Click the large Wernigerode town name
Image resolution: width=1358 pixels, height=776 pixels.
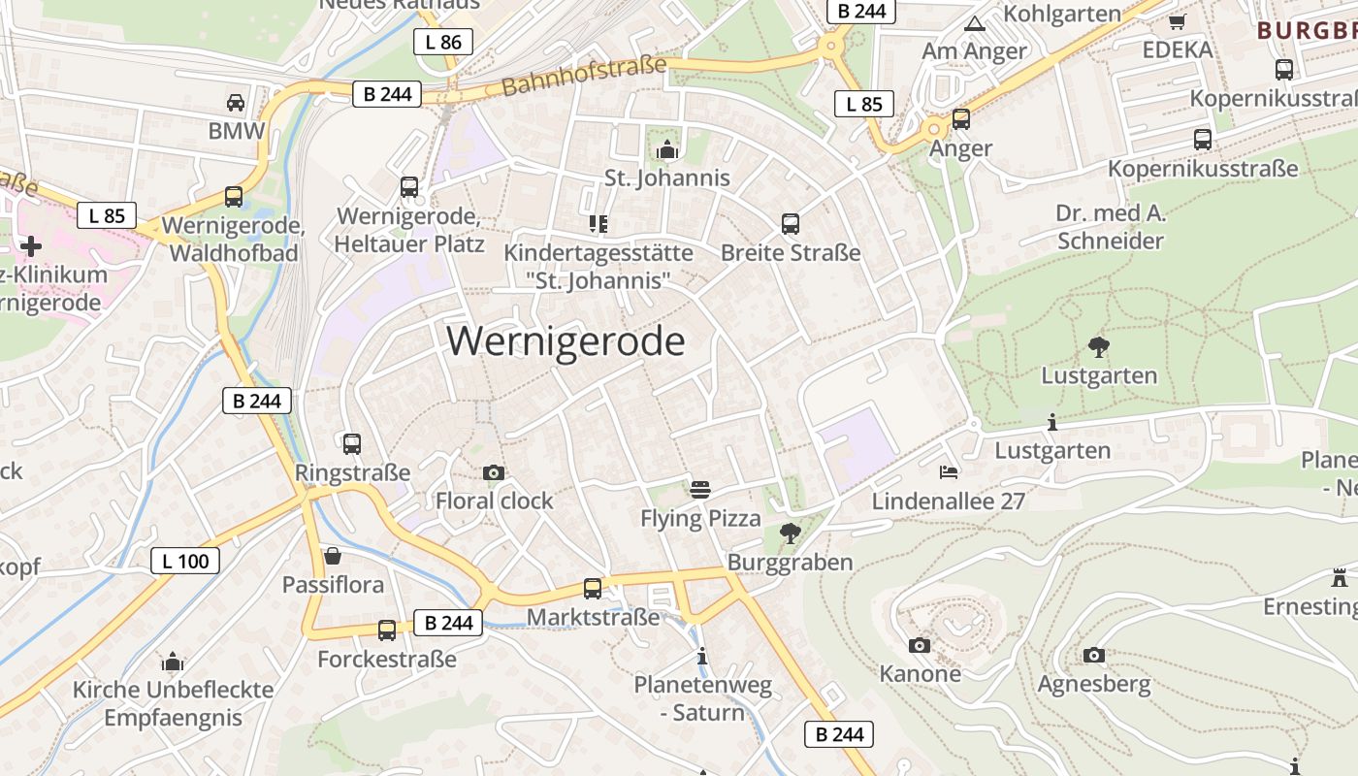coord(566,341)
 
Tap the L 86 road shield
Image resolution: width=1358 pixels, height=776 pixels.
coord(443,42)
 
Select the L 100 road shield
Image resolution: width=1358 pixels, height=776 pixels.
coord(185,560)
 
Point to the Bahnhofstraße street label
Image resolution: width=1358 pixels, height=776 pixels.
coord(585,77)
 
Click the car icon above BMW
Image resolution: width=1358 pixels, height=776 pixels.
coord(235,102)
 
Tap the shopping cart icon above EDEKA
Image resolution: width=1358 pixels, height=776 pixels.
coord(1178,21)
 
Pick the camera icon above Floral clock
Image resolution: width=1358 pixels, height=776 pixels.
coord(494,472)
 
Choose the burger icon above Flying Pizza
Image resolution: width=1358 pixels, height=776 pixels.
coord(700,489)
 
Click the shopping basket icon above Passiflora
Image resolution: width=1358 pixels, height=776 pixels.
coord(333,556)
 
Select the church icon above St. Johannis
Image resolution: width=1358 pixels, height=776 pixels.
coord(667,149)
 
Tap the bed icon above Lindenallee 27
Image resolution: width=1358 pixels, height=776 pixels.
coord(949,472)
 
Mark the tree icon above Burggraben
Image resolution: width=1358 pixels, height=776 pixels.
coord(791,533)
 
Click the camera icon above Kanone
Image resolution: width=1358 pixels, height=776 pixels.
coord(920,645)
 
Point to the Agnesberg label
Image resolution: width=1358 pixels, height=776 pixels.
coord(1094,684)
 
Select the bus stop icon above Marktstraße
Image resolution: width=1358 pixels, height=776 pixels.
coord(592,588)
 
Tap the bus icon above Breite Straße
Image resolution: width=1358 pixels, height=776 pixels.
coord(791,224)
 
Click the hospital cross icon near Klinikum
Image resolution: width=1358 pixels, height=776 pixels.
coord(31,245)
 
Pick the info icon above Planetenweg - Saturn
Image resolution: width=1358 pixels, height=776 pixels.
coord(703,657)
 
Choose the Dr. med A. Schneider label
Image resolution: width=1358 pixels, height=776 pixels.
coord(1111,227)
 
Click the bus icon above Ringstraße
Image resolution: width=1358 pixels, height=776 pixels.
coord(352,444)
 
